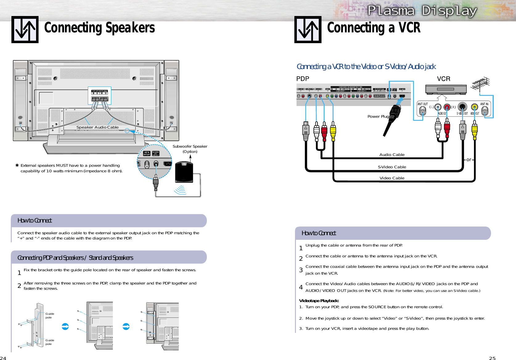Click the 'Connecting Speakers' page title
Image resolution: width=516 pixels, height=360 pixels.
(99, 28)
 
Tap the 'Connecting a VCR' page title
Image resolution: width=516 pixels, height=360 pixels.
(374, 28)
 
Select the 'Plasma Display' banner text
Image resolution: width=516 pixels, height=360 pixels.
(422, 11)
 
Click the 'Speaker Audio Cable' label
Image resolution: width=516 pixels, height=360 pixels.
(97, 127)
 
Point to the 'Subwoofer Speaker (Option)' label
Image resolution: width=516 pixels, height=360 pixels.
(190, 149)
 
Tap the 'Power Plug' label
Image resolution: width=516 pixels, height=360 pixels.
(378, 117)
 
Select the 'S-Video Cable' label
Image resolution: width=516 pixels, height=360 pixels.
(392, 167)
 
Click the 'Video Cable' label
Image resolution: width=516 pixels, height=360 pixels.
(392, 178)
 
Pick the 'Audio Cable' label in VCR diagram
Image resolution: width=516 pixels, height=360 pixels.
(392, 155)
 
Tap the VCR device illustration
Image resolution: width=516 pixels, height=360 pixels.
(446, 89)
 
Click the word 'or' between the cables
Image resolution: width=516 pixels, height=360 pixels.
(469, 160)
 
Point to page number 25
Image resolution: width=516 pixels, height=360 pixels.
(492, 358)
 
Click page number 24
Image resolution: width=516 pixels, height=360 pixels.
(3, 358)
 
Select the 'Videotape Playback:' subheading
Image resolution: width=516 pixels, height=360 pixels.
(319, 301)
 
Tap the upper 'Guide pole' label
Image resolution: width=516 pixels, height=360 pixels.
(50, 316)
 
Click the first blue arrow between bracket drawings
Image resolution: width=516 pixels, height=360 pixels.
(65, 326)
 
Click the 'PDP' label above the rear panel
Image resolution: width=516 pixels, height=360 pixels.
(302, 79)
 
